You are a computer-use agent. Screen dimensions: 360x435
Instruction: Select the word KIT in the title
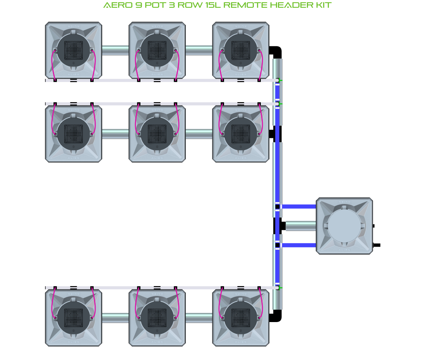coord(324,5)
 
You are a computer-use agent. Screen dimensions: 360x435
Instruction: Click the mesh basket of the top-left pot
coord(74,50)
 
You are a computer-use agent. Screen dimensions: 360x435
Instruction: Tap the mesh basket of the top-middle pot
coord(157,50)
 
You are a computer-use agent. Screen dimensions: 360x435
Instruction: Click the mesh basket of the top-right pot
coord(241,50)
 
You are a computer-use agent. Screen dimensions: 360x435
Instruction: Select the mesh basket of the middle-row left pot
coord(74,134)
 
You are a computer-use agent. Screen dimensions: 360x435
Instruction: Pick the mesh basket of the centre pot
coord(157,134)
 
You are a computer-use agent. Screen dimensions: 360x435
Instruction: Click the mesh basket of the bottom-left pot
coord(74,318)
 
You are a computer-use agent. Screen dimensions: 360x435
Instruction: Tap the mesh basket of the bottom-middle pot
coord(157,318)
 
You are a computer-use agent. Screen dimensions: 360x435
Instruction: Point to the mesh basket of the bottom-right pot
coord(241,318)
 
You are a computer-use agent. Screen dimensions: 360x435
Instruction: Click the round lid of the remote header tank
coord(344,226)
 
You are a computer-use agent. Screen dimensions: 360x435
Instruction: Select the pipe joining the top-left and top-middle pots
coord(115,50)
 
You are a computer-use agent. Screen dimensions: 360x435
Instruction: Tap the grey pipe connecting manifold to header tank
coord(301,226)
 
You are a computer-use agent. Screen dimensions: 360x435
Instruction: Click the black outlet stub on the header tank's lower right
coord(376,245)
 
